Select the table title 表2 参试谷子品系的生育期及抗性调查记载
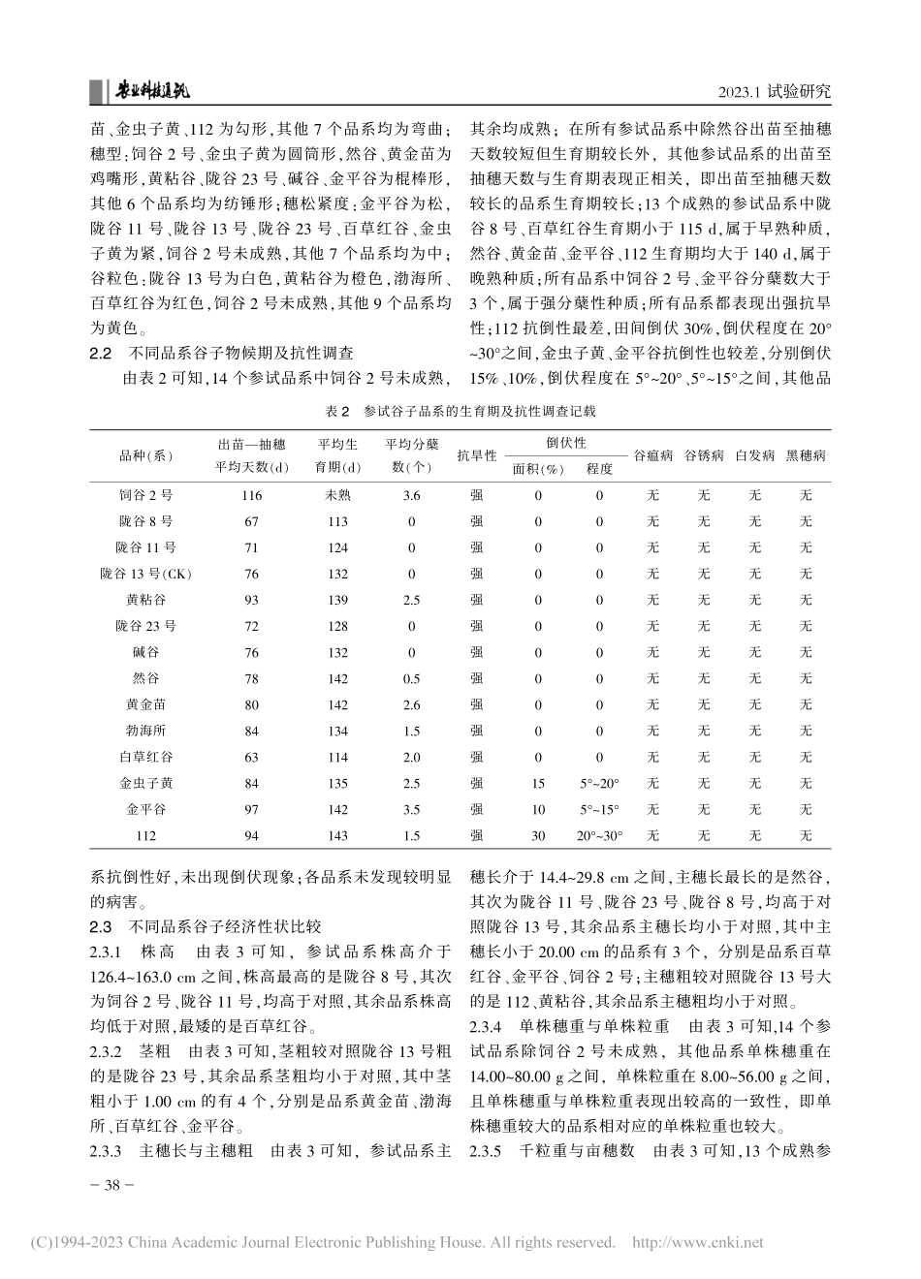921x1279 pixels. tap(460, 411)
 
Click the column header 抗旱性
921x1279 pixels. tap(477, 454)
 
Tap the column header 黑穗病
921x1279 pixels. tap(806, 454)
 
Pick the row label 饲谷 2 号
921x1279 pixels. tap(145, 495)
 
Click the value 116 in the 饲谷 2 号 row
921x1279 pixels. tap(251, 495)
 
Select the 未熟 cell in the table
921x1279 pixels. tap(337, 495)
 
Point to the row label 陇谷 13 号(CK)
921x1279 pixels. tap(145, 574)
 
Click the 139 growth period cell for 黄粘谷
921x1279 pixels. tap(337, 600)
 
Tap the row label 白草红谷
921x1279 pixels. tap(145, 757)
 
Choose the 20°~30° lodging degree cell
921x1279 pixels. tap(598, 835)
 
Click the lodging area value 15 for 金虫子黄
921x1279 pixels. tap(538, 783)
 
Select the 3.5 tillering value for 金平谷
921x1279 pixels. tap(411, 809)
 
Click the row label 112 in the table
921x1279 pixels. tap(145, 835)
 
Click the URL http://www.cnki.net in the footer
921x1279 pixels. tap(697, 1242)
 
